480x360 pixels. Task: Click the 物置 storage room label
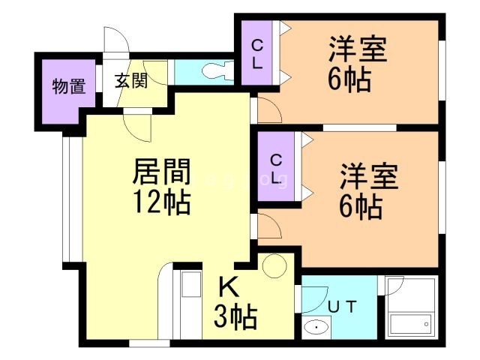[x=67, y=85]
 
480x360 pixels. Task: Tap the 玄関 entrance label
[x=130, y=82]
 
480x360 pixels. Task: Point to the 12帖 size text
[x=161, y=202]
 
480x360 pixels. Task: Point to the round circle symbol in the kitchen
[x=275, y=265]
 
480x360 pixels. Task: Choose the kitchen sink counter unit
[x=190, y=304]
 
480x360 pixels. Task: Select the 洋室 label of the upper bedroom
[x=358, y=50]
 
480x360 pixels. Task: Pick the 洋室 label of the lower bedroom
[x=369, y=176]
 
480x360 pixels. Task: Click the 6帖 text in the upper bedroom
[x=349, y=79]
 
